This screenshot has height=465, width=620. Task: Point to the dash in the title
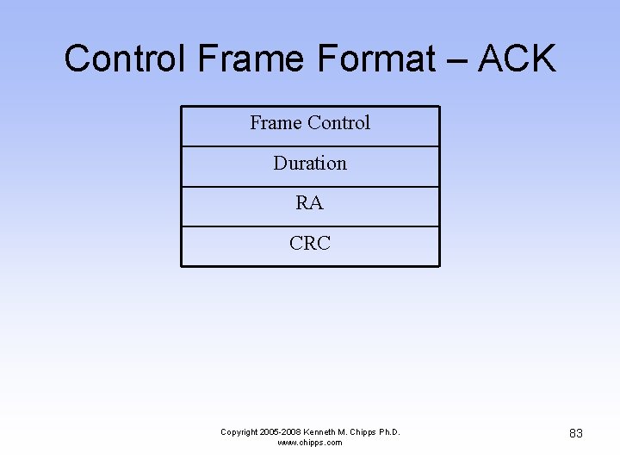(457, 61)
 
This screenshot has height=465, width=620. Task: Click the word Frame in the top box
(276, 123)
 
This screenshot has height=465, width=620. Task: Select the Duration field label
(310, 163)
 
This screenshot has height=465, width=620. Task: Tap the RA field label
(310, 203)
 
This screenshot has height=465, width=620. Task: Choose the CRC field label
(310, 244)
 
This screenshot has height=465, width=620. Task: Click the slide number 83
(576, 433)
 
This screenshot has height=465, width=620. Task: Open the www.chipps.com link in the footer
(310, 443)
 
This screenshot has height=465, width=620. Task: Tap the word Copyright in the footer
(239, 432)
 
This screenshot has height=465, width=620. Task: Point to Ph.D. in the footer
(388, 432)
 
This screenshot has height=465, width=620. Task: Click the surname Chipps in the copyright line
(363, 432)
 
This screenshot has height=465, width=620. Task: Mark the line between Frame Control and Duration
(310, 146)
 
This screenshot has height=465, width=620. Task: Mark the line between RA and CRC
(310, 226)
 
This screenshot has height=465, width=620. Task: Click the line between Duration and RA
(310, 187)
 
